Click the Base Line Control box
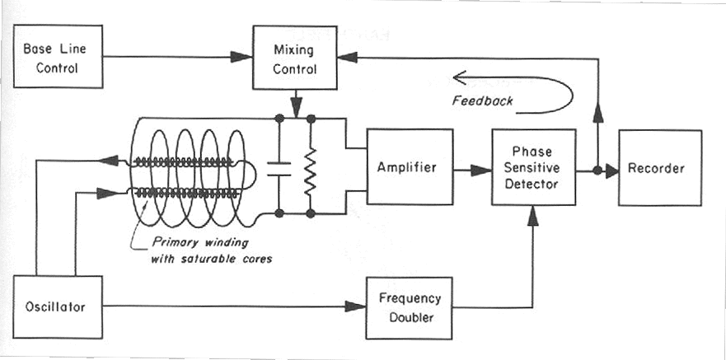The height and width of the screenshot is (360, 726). (x=58, y=57)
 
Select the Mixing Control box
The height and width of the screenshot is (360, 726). (x=294, y=58)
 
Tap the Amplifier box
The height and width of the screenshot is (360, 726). (x=410, y=166)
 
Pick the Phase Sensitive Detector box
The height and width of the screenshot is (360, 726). (x=533, y=167)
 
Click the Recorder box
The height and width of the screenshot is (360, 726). (x=660, y=168)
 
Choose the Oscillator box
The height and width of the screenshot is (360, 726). (x=58, y=306)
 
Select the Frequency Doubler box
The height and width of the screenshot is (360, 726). (x=410, y=308)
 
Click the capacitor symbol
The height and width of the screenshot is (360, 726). (x=279, y=169)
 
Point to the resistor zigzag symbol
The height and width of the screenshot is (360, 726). (x=310, y=171)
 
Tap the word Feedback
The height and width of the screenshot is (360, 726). (x=482, y=101)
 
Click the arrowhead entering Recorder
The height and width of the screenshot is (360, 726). (x=612, y=171)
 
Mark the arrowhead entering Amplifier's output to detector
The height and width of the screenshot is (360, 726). (x=481, y=171)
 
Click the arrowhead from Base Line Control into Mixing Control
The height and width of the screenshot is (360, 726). (x=241, y=57)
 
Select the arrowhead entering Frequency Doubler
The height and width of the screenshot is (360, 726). (x=356, y=306)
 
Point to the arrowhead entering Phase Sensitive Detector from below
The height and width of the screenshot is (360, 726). (x=533, y=215)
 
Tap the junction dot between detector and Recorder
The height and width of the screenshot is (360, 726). (x=597, y=171)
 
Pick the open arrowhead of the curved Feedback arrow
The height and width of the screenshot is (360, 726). (x=459, y=77)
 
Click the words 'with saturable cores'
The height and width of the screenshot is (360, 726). (x=211, y=258)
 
